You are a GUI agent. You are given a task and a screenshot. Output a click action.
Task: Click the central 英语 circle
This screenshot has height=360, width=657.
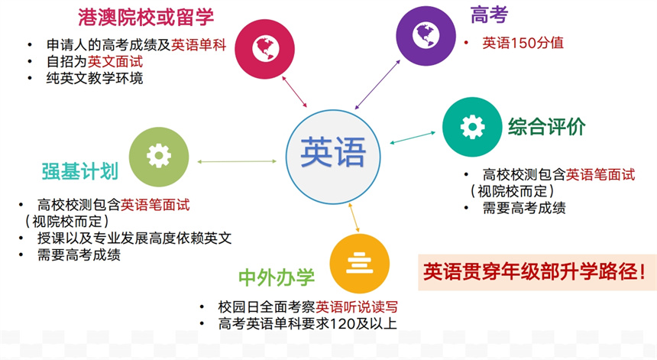pos(333,157)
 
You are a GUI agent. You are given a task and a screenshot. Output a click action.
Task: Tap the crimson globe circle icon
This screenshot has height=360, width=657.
pos(265,49)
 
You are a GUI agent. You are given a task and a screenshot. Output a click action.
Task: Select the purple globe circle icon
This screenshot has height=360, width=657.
pos(426,36)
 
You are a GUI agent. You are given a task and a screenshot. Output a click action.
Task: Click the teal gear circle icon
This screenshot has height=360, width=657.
pos(472,127)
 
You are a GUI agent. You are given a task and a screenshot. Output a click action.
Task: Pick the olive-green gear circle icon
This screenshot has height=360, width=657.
pos(159,157)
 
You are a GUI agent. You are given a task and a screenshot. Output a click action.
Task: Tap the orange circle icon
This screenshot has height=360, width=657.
pos(360,264)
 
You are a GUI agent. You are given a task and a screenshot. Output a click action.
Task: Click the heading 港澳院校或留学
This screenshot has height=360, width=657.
pos(146,17)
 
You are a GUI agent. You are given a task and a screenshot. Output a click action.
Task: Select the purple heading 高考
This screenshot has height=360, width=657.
pos(489,15)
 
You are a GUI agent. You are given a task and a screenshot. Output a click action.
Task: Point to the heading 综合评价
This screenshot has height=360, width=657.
pos(547,127)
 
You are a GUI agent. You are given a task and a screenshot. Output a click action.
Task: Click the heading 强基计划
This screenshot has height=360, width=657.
pos(80,171)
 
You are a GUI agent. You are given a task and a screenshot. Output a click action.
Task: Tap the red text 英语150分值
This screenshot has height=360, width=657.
pos(523,43)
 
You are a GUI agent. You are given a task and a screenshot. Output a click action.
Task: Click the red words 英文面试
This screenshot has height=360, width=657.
pos(115,62)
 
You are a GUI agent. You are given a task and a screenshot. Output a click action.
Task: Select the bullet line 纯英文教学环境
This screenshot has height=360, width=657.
pos(95,79)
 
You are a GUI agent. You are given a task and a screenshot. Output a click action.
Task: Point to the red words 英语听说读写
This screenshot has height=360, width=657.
pos(356,306)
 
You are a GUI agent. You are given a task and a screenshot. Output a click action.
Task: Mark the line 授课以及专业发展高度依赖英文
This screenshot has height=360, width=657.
pos(134,238)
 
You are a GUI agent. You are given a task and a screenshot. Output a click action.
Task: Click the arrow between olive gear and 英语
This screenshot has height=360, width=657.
pos(237,161)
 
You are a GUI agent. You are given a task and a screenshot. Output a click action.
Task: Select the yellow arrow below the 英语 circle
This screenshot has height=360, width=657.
pos(354,217)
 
